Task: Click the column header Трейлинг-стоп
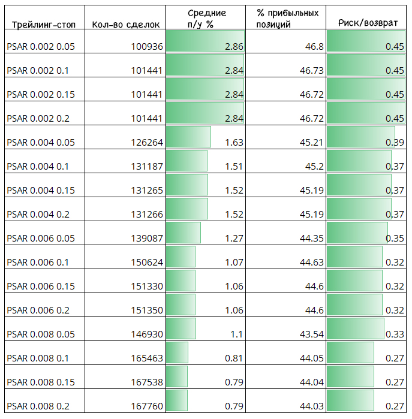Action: (44, 25)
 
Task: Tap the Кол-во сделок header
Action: (126, 25)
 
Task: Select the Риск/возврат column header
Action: (368, 23)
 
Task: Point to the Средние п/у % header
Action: (206, 19)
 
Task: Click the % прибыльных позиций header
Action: (287, 19)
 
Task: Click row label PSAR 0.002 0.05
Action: (41, 47)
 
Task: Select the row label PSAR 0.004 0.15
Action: (41, 190)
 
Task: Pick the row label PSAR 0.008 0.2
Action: (38, 406)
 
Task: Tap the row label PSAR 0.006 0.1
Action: (38, 262)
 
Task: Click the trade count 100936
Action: (147, 47)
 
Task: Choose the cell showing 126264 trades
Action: (147, 143)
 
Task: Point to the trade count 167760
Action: (147, 406)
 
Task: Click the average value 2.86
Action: (234, 47)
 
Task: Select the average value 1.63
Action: (234, 143)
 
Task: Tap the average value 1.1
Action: (237, 334)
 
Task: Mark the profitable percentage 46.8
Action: (314, 47)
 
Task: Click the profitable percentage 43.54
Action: (311, 334)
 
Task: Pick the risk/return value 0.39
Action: (395, 143)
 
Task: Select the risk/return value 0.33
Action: (395, 334)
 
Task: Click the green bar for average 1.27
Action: (184, 233)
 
